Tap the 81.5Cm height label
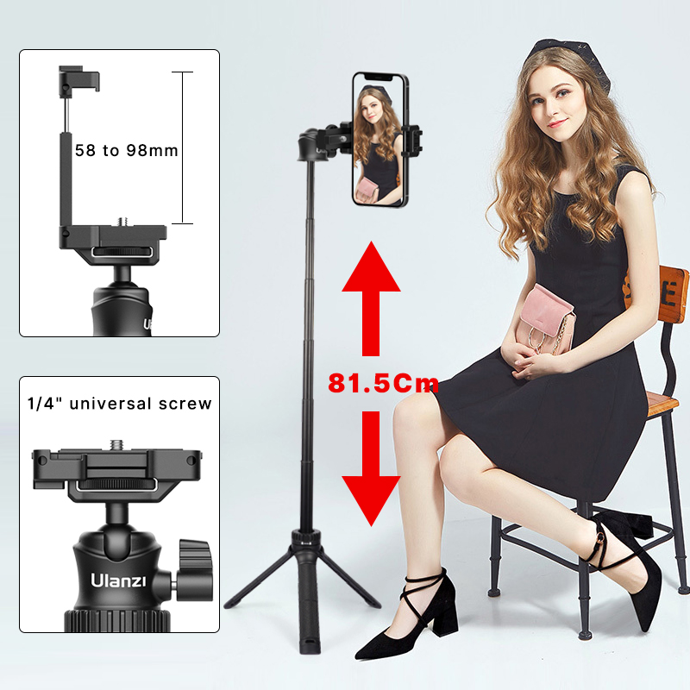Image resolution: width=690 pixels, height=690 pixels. pos(383,383)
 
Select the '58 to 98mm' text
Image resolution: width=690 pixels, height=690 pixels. pos(126,150)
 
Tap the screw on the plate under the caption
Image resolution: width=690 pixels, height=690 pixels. pos(116,446)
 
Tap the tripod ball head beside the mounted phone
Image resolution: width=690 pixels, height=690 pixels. pos(312,145)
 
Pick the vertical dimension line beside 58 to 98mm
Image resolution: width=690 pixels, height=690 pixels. pos(183,147)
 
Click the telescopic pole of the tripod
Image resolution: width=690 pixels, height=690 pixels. pos(308,345)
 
